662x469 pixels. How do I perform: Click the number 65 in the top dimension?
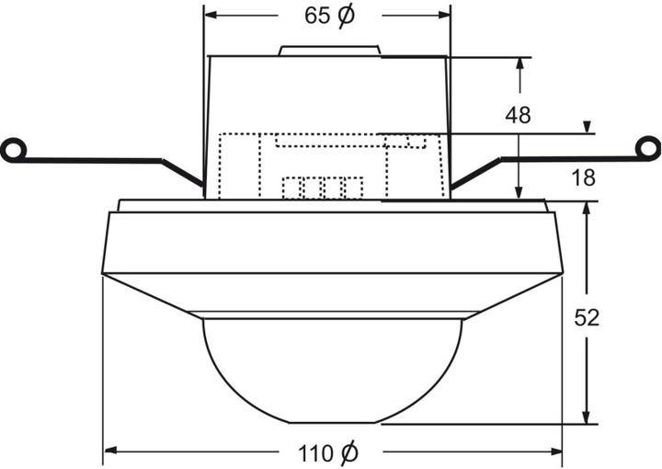[x=316, y=17]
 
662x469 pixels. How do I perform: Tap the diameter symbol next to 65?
[x=346, y=17]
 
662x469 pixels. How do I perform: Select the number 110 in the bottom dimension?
[x=315, y=452]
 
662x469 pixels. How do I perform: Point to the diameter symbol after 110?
[x=349, y=452]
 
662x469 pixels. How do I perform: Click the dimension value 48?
[x=518, y=115]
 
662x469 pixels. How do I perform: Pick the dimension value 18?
[x=583, y=177]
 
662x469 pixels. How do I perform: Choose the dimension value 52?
[x=587, y=317]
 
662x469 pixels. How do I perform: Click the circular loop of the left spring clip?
[x=12, y=149]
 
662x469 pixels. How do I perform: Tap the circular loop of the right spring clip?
[x=649, y=148]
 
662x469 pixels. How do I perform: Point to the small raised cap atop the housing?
[x=330, y=50]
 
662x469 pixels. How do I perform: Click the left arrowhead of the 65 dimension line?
[x=211, y=16]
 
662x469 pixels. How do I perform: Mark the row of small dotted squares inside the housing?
[x=322, y=188]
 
